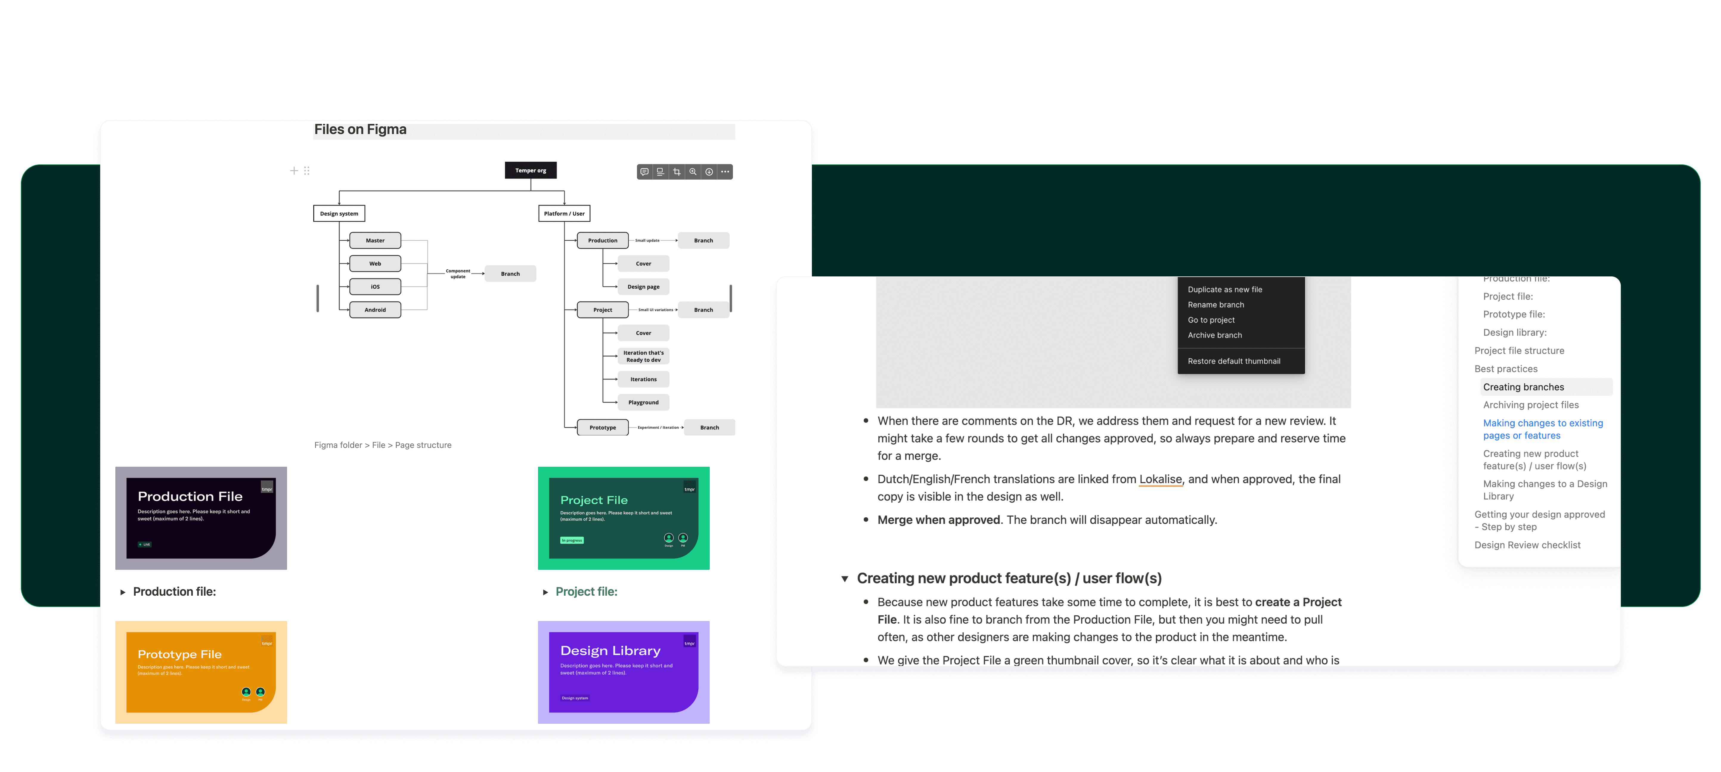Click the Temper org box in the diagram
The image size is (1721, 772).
point(531,170)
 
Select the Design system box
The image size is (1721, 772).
point(339,214)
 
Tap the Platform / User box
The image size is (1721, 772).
point(564,214)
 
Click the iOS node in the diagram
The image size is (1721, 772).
point(375,287)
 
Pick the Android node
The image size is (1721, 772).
point(375,310)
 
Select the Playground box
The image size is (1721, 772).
point(643,402)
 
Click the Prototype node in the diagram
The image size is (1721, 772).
point(602,427)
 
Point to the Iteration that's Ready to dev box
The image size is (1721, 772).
point(643,356)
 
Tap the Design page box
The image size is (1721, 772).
point(643,287)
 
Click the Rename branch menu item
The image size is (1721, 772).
point(1215,304)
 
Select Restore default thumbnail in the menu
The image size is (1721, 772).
point(1233,361)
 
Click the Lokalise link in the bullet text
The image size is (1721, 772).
point(1160,479)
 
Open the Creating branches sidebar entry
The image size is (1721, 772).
point(1523,387)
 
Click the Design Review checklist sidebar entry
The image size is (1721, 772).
point(1527,545)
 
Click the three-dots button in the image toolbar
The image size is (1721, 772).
point(725,172)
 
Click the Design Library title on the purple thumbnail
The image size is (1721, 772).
point(610,650)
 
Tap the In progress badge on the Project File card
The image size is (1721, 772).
point(572,540)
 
